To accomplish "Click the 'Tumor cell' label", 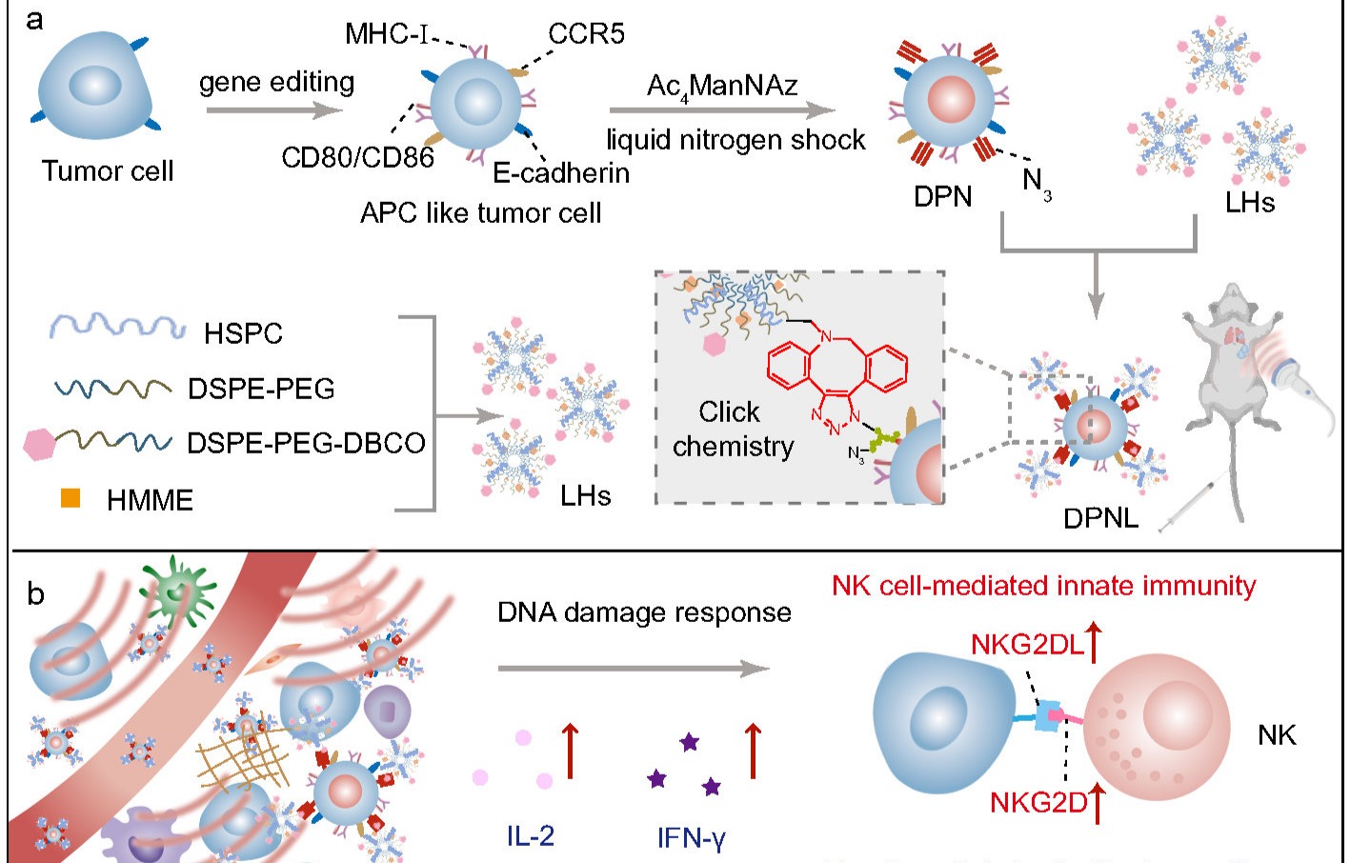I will click(107, 171).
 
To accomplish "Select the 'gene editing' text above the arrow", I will click(276, 83).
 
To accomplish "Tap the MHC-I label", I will click(385, 35).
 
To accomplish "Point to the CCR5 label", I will click(586, 35).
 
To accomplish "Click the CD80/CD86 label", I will click(357, 157).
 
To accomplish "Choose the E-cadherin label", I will click(561, 173).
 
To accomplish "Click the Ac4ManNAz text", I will click(721, 87).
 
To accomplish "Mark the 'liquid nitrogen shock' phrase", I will click(735, 140).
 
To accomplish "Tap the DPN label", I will click(942, 197).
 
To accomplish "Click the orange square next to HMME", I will click(71, 498).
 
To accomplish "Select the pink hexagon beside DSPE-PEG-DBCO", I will click(39, 445).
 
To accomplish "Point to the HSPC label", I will click(243, 333).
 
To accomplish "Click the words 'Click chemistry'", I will click(732, 429).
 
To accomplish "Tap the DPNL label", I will click(1100, 519).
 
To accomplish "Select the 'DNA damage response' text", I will click(644, 612).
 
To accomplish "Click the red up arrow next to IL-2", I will click(570, 751).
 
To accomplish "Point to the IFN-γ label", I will click(692, 838).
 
